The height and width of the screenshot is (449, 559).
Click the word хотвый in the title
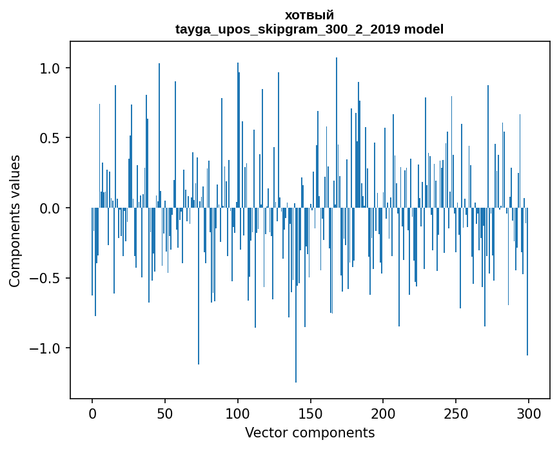(309, 15)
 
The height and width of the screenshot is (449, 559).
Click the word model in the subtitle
(424, 30)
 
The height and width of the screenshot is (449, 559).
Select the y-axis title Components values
(15, 221)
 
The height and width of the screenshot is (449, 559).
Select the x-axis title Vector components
(309, 432)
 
